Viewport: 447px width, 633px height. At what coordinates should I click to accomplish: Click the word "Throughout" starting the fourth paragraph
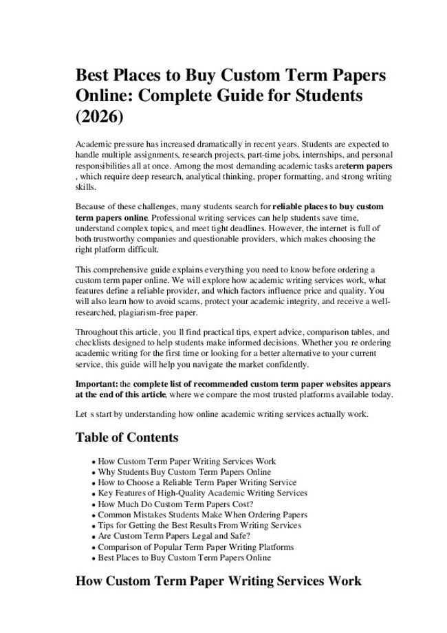coord(98,332)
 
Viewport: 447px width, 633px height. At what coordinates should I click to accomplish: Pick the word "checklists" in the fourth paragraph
coord(95,343)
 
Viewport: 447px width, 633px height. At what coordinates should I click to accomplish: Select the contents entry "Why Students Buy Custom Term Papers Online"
coord(184,472)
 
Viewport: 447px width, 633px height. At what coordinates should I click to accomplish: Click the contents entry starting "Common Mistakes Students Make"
coord(202,515)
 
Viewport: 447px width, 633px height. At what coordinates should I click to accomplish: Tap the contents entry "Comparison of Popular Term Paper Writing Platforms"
coord(196,547)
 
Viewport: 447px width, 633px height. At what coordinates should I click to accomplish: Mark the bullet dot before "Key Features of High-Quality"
coord(93,494)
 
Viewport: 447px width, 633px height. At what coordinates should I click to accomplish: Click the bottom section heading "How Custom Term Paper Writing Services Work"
coord(218,581)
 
